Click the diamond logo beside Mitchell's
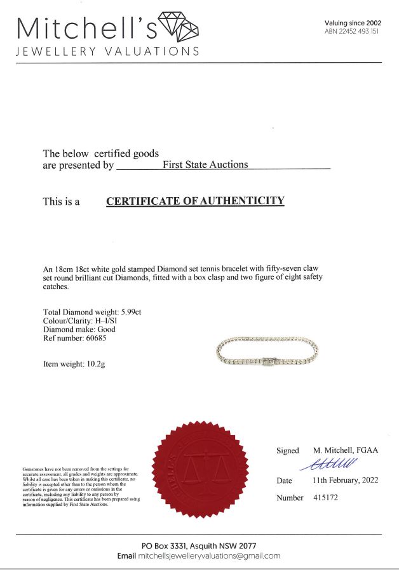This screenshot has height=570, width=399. pos(178,26)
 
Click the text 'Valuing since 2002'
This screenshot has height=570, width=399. pos(353,23)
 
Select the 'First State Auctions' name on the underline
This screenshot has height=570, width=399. pos(205,165)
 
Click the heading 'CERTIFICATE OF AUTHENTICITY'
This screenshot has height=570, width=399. pos(195,201)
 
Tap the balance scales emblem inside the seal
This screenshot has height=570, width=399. pos(201,468)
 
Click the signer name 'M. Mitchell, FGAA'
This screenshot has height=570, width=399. pos(346,450)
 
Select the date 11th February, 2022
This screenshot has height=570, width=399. pos(345,480)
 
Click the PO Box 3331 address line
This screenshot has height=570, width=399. pos(199,546)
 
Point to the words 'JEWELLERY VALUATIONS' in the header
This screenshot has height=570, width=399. pos(107,51)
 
